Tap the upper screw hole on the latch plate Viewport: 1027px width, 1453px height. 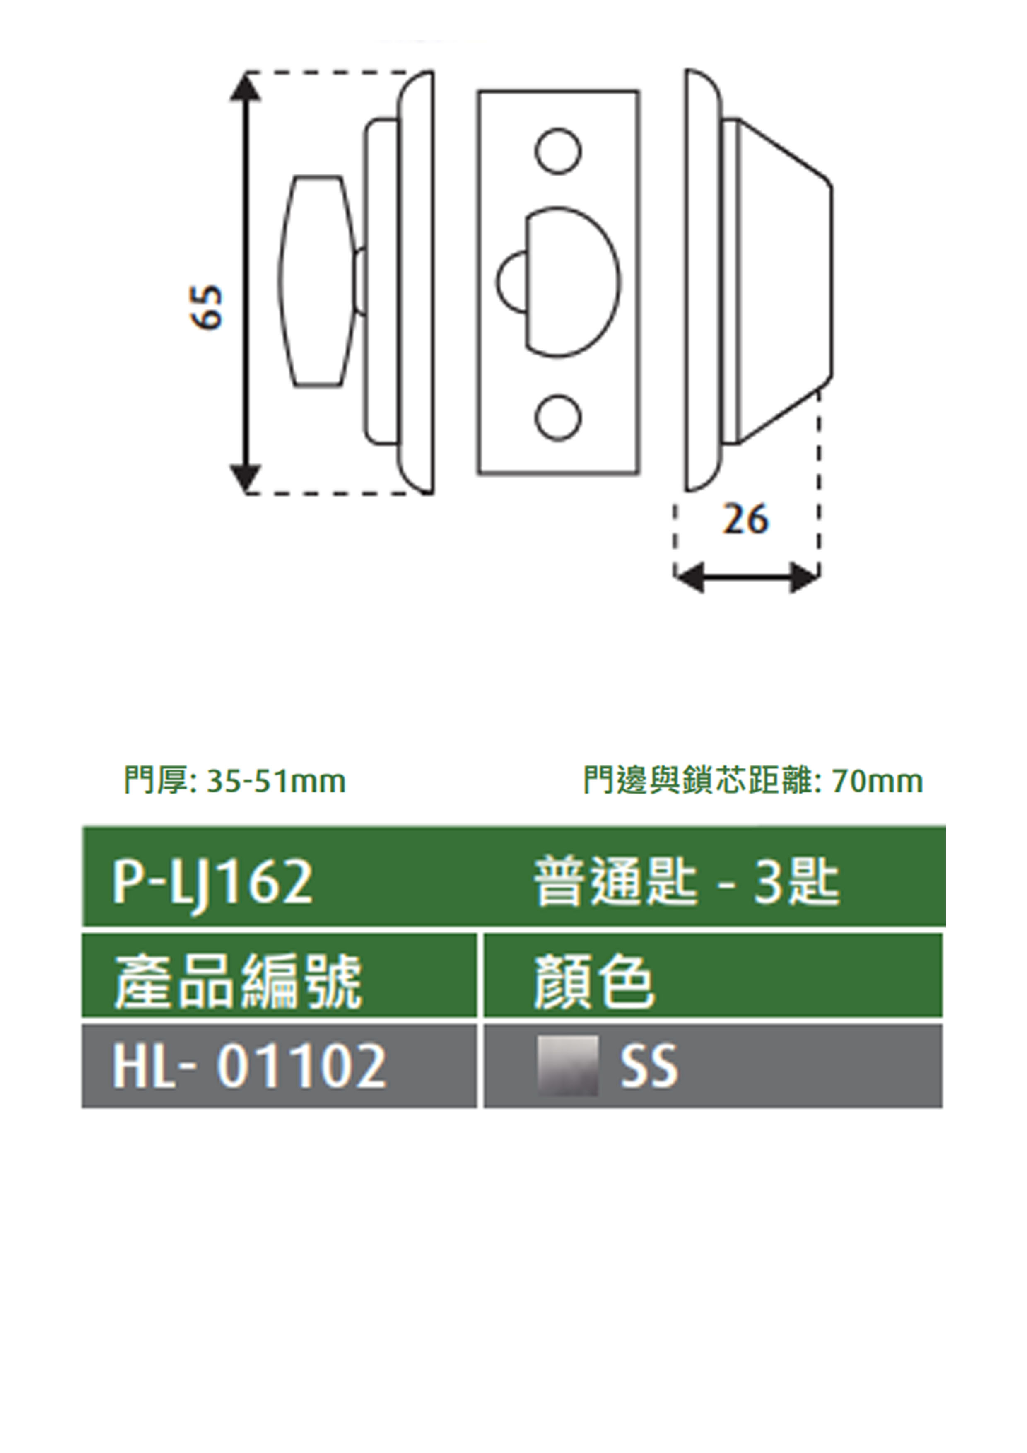[x=558, y=151]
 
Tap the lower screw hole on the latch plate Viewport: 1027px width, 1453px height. [x=558, y=418]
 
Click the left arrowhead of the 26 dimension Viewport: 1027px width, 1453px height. [x=689, y=577]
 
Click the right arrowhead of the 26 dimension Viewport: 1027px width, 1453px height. [x=805, y=577]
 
